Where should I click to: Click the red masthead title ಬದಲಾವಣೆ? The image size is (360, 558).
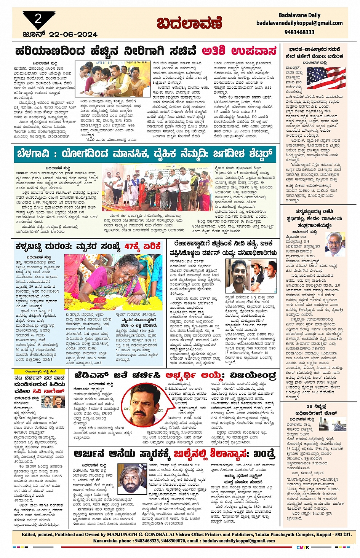(189, 23)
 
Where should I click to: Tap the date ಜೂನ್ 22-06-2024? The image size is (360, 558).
(60, 35)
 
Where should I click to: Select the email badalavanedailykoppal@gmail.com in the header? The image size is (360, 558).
(299, 23)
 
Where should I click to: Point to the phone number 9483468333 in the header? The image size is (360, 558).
(299, 32)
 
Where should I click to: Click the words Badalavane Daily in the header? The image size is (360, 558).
(299, 15)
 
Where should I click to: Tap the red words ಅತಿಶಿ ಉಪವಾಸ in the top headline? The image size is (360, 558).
(239, 51)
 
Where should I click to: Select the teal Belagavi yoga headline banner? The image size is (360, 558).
(145, 154)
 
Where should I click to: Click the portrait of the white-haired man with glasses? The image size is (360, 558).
(335, 244)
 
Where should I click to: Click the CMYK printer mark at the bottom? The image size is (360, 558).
(303, 547)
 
